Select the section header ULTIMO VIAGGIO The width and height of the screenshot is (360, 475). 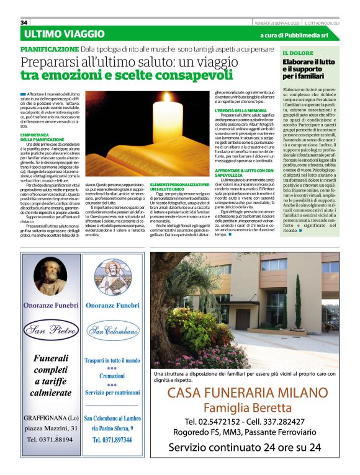[x=65, y=33]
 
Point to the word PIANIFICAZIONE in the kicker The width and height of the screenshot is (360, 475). [x=48, y=48]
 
